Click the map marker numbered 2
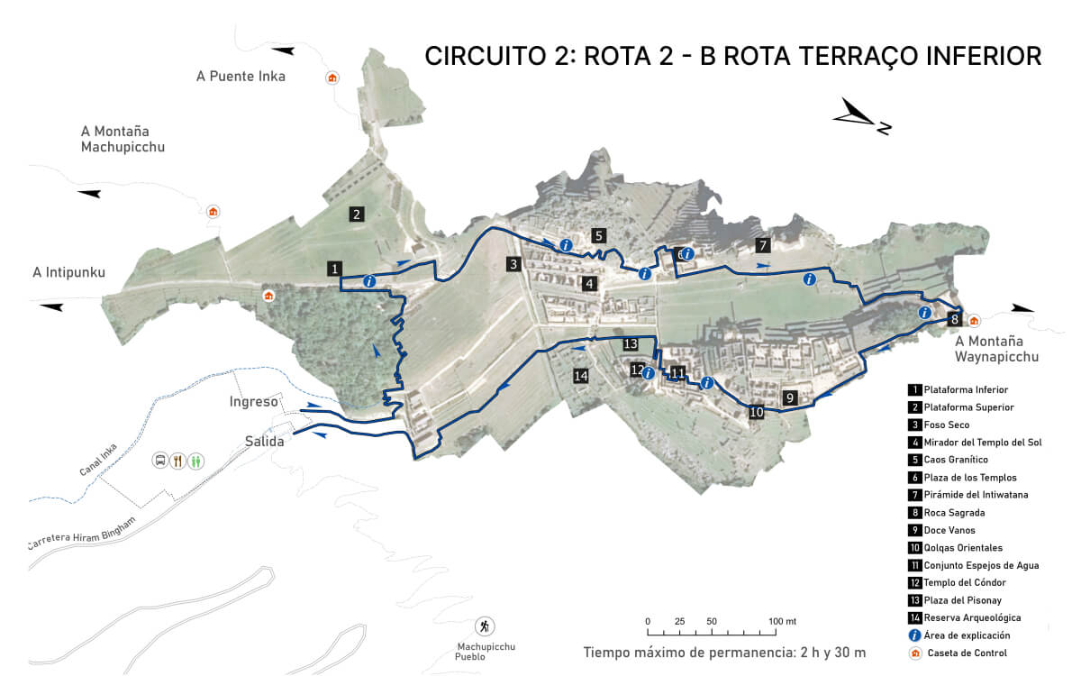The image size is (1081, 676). (357, 214)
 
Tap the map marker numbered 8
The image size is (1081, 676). (954, 318)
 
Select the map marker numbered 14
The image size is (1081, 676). (581, 375)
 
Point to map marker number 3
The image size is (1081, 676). (513, 264)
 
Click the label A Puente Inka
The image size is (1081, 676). (241, 77)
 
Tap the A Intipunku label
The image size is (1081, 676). (68, 272)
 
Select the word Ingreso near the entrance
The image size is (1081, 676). (253, 402)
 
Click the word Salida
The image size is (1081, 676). (265, 442)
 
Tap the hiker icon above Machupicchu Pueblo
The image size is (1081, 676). (485, 626)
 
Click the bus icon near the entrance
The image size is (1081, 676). (160, 461)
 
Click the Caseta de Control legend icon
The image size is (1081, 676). (915, 653)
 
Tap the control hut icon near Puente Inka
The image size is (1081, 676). (332, 78)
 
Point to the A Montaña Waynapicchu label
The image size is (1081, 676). (996, 349)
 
